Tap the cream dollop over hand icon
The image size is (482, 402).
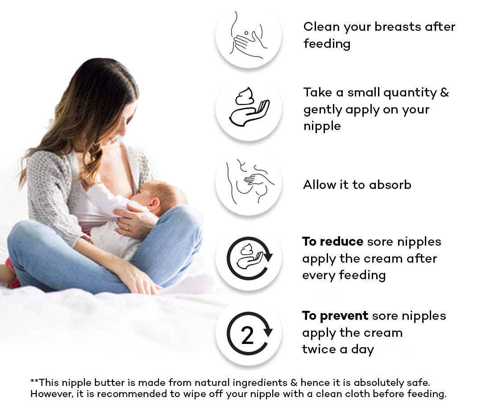[x=249, y=107]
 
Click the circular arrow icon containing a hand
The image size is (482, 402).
[x=249, y=258]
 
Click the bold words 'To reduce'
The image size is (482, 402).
[x=332, y=242]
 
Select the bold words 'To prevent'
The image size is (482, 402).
[x=335, y=316]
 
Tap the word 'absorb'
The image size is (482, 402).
[x=390, y=184]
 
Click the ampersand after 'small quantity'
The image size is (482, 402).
[x=445, y=92]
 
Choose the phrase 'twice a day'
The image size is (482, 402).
[x=338, y=349]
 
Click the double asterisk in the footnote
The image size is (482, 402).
[x=34, y=381]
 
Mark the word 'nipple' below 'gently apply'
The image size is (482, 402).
[x=322, y=126]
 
